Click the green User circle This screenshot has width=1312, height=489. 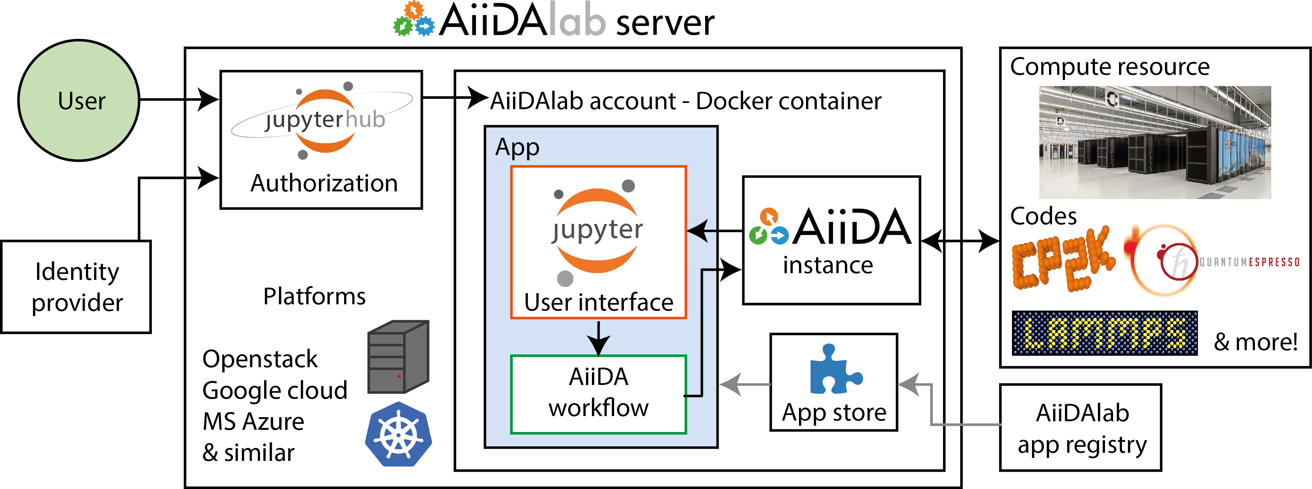pyautogui.click(x=79, y=101)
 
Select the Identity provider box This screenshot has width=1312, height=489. pyautogui.click(x=76, y=287)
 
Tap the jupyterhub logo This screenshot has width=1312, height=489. pyautogui.click(x=323, y=120)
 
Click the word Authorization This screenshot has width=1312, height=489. pyautogui.click(x=324, y=183)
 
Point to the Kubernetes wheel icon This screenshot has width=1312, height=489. pyautogui.click(x=398, y=434)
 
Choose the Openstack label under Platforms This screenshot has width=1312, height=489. pyautogui.click(x=260, y=359)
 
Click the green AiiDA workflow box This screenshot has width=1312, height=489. pyautogui.click(x=599, y=394)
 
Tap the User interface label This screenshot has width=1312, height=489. pyautogui.click(x=599, y=303)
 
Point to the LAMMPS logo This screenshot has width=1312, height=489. pyautogui.click(x=1104, y=333)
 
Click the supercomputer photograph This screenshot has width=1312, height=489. pyautogui.click(x=1155, y=142)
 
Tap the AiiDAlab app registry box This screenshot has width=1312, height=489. pyautogui.click(x=1081, y=428)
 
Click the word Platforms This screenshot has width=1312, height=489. pyautogui.click(x=314, y=297)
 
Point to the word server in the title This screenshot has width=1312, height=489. pyautogui.click(x=665, y=23)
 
